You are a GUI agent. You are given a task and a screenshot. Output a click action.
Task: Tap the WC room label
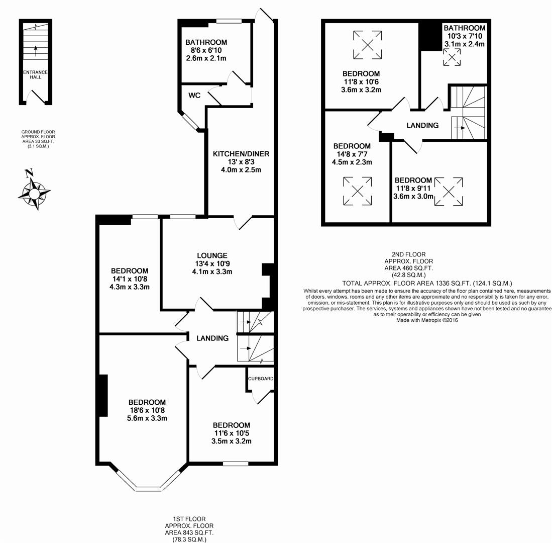point(195,95)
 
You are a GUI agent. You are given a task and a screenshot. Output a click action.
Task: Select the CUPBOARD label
point(261,378)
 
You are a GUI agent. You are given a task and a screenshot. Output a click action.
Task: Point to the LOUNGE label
point(212,255)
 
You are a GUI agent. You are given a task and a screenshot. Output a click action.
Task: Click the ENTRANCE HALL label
point(35,74)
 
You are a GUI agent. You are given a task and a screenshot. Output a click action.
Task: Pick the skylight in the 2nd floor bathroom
point(452,59)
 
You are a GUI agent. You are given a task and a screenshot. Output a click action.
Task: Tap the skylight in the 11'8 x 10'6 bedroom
point(367,45)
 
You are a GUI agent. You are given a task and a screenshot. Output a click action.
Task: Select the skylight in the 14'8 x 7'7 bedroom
point(357,191)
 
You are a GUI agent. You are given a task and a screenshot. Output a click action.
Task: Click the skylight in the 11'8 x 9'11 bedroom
point(449,191)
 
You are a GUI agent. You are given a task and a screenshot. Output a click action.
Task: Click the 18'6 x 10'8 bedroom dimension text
point(147,410)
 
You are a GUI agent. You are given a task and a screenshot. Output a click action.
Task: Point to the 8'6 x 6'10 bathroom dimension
point(206,51)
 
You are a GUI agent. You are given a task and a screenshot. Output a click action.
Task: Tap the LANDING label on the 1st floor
point(212,338)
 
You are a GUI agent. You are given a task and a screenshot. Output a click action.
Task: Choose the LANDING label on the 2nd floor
point(422,125)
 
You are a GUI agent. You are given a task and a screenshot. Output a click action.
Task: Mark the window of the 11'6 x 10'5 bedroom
point(236,463)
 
